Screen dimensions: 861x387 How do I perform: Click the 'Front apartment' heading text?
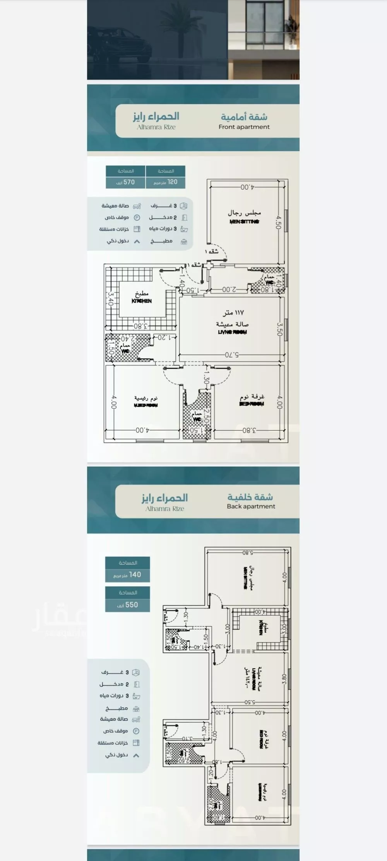point(244,127)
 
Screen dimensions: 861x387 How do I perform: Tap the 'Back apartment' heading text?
point(251,506)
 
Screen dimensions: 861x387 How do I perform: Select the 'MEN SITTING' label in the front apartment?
point(244,221)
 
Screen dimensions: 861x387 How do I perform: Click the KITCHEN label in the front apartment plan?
point(142,301)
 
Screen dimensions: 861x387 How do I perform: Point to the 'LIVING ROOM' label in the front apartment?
point(232,332)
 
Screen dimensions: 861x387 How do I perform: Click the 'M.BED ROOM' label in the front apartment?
point(146,405)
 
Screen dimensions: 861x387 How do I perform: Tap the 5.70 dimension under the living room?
point(232,355)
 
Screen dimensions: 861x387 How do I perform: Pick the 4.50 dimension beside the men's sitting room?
point(278,222)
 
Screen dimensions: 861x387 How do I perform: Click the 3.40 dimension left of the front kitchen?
point(110,299)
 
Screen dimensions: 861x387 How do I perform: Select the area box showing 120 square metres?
point(165,182)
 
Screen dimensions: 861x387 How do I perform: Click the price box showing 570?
point(126,182)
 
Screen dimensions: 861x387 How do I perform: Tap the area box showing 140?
point(127,575)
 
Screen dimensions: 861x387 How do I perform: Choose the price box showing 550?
point(127,604)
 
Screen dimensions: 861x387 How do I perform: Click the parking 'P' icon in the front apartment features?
point(137,218)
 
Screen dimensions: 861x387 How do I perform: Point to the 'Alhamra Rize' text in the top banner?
point(156,127)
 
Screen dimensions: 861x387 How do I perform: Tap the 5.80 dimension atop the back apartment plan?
point(248,553)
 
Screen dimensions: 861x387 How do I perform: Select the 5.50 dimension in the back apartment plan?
point(250,702)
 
